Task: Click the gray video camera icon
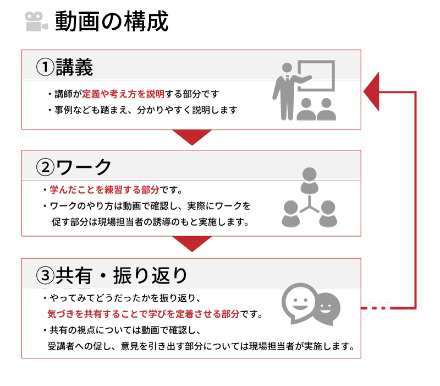[x=36, y=21]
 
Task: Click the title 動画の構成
[x=112, y=21]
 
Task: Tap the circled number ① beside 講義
[x=45, y=67]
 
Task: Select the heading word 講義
[x=74, y=67]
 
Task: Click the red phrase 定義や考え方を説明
[x=123, y=94]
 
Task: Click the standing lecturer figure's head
[x=287, y=68]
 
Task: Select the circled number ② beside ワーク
[x=45, y=167]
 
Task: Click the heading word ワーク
[x=84, y=167]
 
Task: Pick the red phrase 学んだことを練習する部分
[x=105, y=190]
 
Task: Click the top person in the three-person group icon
[x=309, y=181]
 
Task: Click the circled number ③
[x=45, y=275]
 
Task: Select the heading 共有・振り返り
[x=121, y=275]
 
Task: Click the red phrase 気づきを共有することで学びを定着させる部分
[x=144, y=314]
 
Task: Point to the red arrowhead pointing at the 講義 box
[x=371, y=91]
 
